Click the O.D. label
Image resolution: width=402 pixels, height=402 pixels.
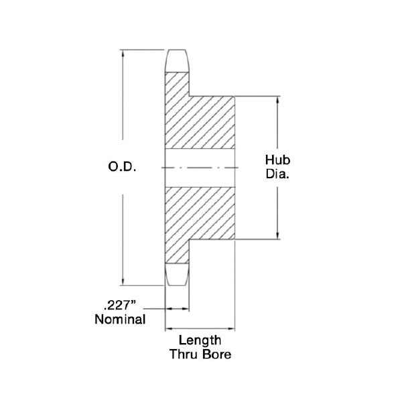[122, 167]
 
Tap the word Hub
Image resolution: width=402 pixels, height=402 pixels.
[277, 160]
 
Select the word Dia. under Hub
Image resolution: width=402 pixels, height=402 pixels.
[277, 174]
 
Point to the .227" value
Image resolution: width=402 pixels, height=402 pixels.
[119, 306]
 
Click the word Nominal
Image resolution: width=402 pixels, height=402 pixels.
[120, 320]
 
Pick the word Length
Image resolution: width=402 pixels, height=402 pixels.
[200, 340]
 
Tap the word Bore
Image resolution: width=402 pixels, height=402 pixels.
[216, 354]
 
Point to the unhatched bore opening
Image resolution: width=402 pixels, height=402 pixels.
[200, 168]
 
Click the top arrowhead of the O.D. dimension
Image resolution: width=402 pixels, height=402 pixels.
[123, 54]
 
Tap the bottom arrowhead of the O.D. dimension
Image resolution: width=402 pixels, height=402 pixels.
[123, 282]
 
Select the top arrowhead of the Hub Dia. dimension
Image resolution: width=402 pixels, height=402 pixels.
[277, 100]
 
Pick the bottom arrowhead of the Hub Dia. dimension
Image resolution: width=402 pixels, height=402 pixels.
[277, 236]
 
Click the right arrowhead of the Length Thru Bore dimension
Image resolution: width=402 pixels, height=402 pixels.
[231, 328]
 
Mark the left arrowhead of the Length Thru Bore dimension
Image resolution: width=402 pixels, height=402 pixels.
[169, 328]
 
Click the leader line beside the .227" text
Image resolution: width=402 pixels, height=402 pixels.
[154, 309]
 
